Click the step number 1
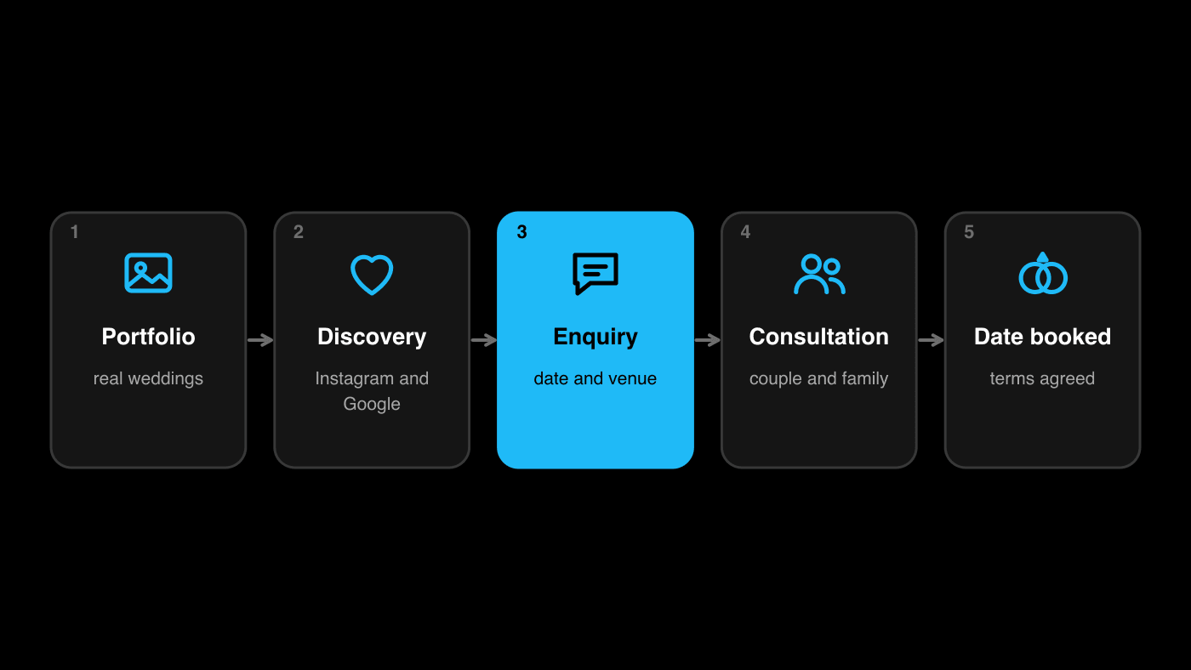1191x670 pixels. (x=75, y=232)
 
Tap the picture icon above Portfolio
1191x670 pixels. (x=148, y=273)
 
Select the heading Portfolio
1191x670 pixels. (x=148, y=337)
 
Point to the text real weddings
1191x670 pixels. (x=148, y=378)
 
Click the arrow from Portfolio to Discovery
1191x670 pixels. (x=260, y=340)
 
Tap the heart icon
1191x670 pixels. (x=372, y=275)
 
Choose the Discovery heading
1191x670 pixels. (x=372, y=337)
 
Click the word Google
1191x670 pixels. (x=372, y=404)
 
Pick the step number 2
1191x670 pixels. (x=299, y=232)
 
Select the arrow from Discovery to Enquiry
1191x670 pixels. (x=484, y=340)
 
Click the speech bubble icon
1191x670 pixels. (x=595, y=274)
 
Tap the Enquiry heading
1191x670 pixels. (x=595, y=337)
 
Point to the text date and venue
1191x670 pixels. (x=595, y=378)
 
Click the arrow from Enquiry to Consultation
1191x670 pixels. (x=708, y=340)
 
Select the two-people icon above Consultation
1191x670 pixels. (x=819, y=274)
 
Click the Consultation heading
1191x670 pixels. (x=818, y=337)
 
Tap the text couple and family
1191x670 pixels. (x=818, y=378)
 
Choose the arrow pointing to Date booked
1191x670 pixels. (x=931, y=340)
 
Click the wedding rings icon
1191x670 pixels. (x=1043, y=273)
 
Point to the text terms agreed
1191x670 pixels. (x=1042, y=378)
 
